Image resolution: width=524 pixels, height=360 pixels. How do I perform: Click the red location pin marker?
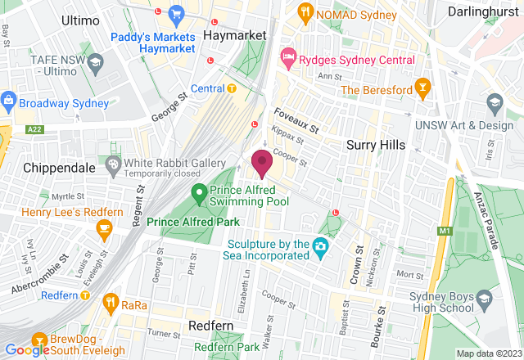pos(262,164)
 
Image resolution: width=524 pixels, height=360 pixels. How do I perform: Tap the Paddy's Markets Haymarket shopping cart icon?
pos(175,13)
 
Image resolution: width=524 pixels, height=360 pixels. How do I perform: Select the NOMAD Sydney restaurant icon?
pos(305,11)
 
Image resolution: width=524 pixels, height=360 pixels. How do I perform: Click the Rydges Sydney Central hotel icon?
pos(287,56)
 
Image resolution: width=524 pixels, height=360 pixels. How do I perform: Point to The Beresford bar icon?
pos(422,86)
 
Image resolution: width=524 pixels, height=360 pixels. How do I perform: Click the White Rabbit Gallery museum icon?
pos(113,166)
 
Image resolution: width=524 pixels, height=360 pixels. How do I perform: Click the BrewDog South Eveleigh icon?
pos(38,340)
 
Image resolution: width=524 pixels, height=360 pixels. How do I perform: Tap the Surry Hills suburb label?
pos(373,145)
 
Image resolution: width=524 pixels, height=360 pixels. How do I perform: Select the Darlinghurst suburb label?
pos(484,12)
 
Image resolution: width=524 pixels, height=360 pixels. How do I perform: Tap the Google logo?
pos(25,350)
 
